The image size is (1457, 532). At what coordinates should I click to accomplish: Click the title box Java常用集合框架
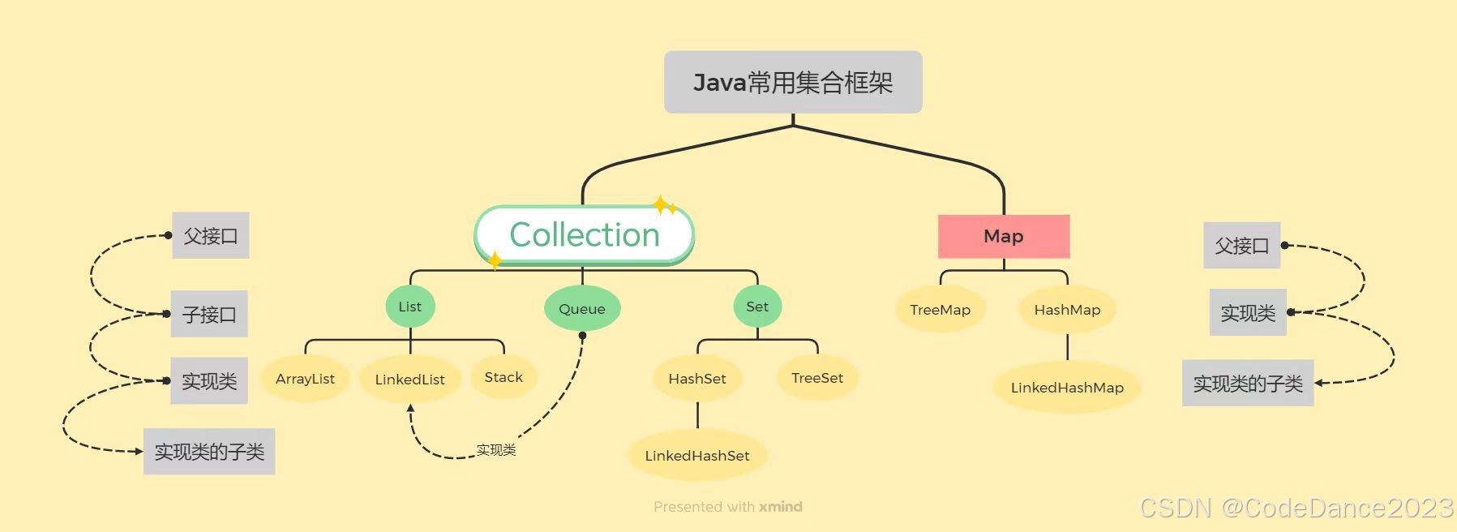(793, 82)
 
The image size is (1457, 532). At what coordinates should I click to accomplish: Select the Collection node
(584, 235)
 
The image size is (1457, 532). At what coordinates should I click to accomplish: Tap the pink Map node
(1004, 236)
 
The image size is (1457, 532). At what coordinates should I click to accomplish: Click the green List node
(410, 307)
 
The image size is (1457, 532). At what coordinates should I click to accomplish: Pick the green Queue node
(582, 309)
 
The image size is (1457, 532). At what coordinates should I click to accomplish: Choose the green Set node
(757, 307)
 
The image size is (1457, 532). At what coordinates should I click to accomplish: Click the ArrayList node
(305, 379)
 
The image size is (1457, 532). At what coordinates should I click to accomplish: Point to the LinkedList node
(409, 380)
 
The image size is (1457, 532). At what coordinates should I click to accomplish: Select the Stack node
(504, 377)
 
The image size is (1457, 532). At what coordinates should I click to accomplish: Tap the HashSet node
(697, 379)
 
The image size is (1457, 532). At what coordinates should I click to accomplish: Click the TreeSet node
(817, 378)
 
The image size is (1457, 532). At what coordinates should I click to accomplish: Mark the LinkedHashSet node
(697, 456)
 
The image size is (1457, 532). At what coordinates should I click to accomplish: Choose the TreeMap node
(940, 310)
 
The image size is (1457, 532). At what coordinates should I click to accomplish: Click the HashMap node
(1067, 310)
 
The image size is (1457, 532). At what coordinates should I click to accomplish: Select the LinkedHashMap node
(1067, 388)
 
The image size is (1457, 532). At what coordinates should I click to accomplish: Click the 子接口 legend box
(209, 314)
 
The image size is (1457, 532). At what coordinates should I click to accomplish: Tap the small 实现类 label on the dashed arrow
(495, 450)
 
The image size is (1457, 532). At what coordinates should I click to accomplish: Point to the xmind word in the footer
(781, 507)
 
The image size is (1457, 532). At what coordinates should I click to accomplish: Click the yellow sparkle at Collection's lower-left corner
(495, 260)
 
